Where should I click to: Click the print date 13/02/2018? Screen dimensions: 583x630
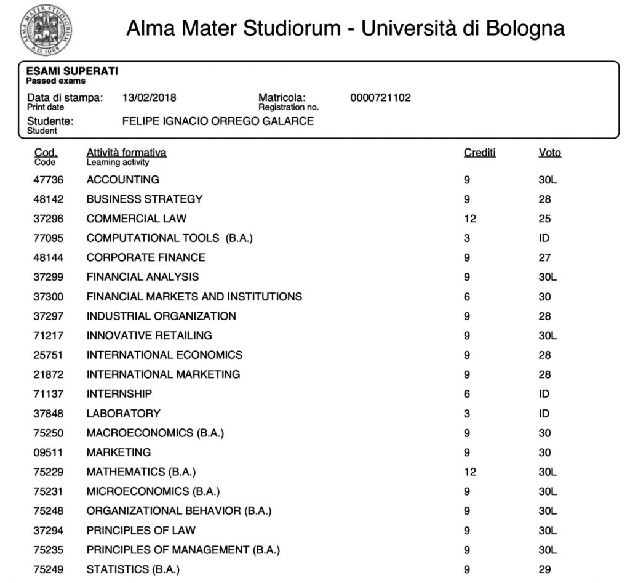point(150,97)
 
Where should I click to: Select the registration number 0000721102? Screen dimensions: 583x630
point(380,97)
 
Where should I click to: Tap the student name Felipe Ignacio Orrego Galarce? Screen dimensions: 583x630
point(218,121)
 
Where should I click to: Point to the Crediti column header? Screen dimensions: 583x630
point(479,153)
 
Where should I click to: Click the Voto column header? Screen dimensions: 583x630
point(549,153)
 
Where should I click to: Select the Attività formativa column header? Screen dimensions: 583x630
point(126,153)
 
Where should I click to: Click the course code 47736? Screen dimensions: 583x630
point(48,180)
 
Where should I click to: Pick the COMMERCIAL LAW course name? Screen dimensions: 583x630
point(136,219)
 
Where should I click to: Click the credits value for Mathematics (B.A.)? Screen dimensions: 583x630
point(470,472)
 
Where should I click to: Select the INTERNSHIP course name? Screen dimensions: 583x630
point(119,393)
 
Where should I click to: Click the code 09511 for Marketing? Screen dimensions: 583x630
point(48,452)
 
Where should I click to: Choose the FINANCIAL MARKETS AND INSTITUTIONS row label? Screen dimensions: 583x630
point(194,296)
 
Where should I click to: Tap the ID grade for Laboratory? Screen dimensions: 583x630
point(544,413)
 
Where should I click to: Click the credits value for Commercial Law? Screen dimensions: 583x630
point(470,219)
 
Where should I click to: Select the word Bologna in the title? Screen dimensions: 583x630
point(525,28)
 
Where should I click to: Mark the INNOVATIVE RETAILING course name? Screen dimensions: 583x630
point(149,335)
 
